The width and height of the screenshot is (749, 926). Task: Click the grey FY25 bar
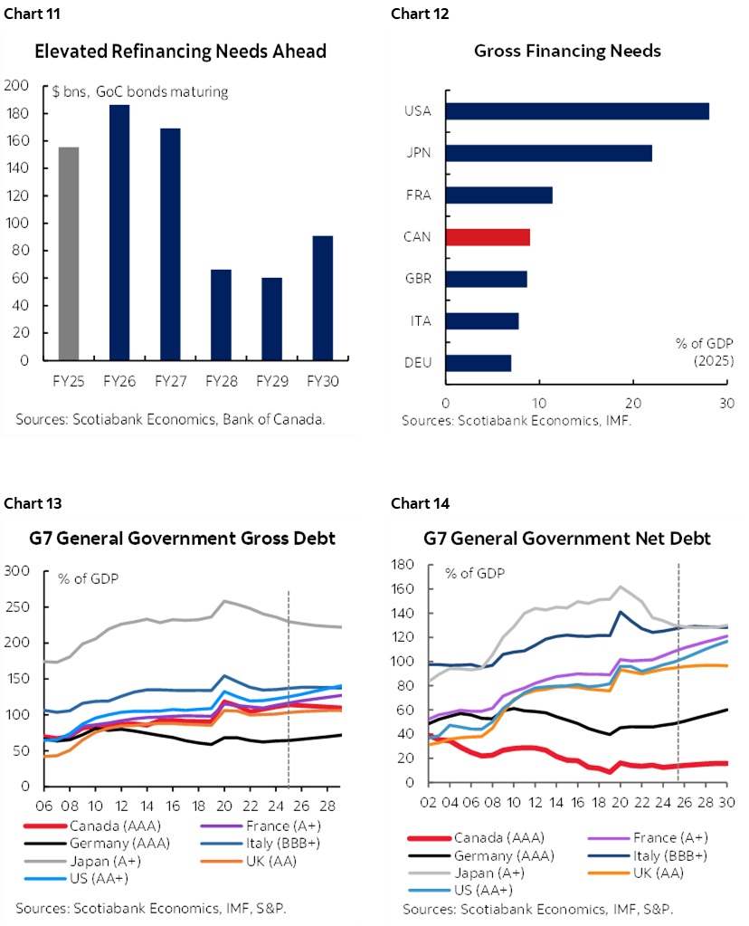tap(69, 253)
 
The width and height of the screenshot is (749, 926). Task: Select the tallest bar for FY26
tap(119, 233)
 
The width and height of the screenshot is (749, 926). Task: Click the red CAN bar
tap(488, 237)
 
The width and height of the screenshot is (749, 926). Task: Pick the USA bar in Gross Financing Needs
tap(577, 111)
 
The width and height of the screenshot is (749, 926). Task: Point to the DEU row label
tap(417, 363)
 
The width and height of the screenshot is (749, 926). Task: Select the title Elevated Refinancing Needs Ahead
tap(180, 52)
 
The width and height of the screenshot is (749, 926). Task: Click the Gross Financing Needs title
tap(567, 51)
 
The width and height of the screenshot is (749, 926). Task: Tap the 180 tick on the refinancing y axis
tap(18, 113)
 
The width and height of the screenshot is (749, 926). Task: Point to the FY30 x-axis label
tap(323, 382)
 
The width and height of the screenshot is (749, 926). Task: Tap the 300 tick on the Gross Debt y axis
tap(18, 570)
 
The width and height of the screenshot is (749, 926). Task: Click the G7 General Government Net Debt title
tap(566, 539)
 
